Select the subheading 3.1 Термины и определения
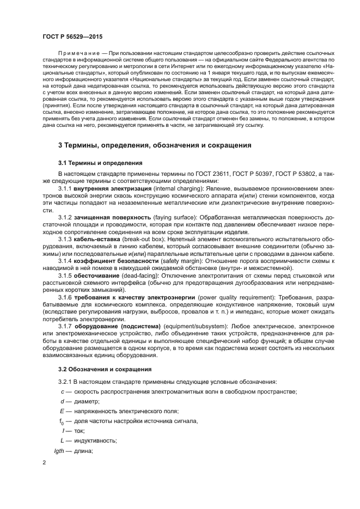[100, 163]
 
